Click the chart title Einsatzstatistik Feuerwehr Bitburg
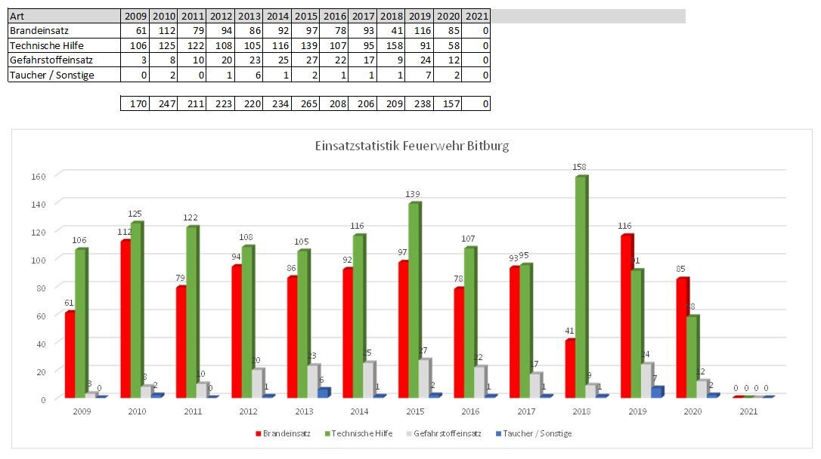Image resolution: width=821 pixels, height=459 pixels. [411, 146]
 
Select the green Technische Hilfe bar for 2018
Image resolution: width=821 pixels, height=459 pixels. [581, 287]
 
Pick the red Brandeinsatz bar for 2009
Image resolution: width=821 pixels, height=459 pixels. [70, 354]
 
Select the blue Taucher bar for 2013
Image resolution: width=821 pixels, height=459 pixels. [323, 393]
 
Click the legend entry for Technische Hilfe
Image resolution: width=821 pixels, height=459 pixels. [361, 434]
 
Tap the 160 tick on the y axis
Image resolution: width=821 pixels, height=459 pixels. [38, 176]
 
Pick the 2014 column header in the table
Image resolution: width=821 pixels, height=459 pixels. [277, 17]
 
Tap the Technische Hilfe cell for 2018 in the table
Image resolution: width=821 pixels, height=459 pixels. [392, 45]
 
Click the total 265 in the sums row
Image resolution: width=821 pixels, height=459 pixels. [306, 103]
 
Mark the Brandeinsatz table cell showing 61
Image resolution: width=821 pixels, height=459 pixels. [135, 31]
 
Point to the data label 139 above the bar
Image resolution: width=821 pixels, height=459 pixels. [414, 195]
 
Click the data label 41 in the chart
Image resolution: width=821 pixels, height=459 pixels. [571, 331]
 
